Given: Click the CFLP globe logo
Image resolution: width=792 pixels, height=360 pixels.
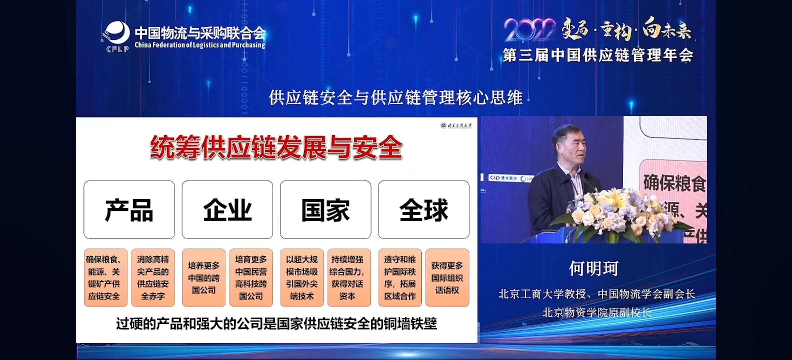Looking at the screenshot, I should coord(117,35).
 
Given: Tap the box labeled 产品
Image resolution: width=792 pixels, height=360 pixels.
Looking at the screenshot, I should coord(129,210).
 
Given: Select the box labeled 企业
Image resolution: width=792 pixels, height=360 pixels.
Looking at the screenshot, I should coord(227,210).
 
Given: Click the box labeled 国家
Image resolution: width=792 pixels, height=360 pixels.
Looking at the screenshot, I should coord(325,210).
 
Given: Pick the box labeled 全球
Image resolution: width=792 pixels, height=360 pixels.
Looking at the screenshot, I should coord(423,210).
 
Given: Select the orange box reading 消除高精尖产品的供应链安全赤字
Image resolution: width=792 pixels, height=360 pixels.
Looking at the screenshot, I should coord(153,278).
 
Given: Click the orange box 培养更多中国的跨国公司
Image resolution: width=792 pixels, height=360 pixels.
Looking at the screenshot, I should coord(203,278).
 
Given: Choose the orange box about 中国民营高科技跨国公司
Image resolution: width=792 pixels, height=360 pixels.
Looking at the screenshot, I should coord(251,278).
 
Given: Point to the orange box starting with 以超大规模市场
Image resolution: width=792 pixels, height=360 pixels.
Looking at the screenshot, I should coord(302,278).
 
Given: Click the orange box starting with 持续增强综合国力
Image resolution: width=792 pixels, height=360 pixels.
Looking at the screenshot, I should coord(349,278).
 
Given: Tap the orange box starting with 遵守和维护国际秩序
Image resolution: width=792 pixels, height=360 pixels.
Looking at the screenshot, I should coord(400,278).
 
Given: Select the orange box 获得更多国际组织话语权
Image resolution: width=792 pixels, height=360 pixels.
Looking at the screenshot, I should coord(447,278).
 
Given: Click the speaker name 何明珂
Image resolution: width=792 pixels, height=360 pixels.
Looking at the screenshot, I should coord(593,269).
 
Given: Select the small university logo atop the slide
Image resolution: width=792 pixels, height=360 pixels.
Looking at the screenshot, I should coord(456,125).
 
